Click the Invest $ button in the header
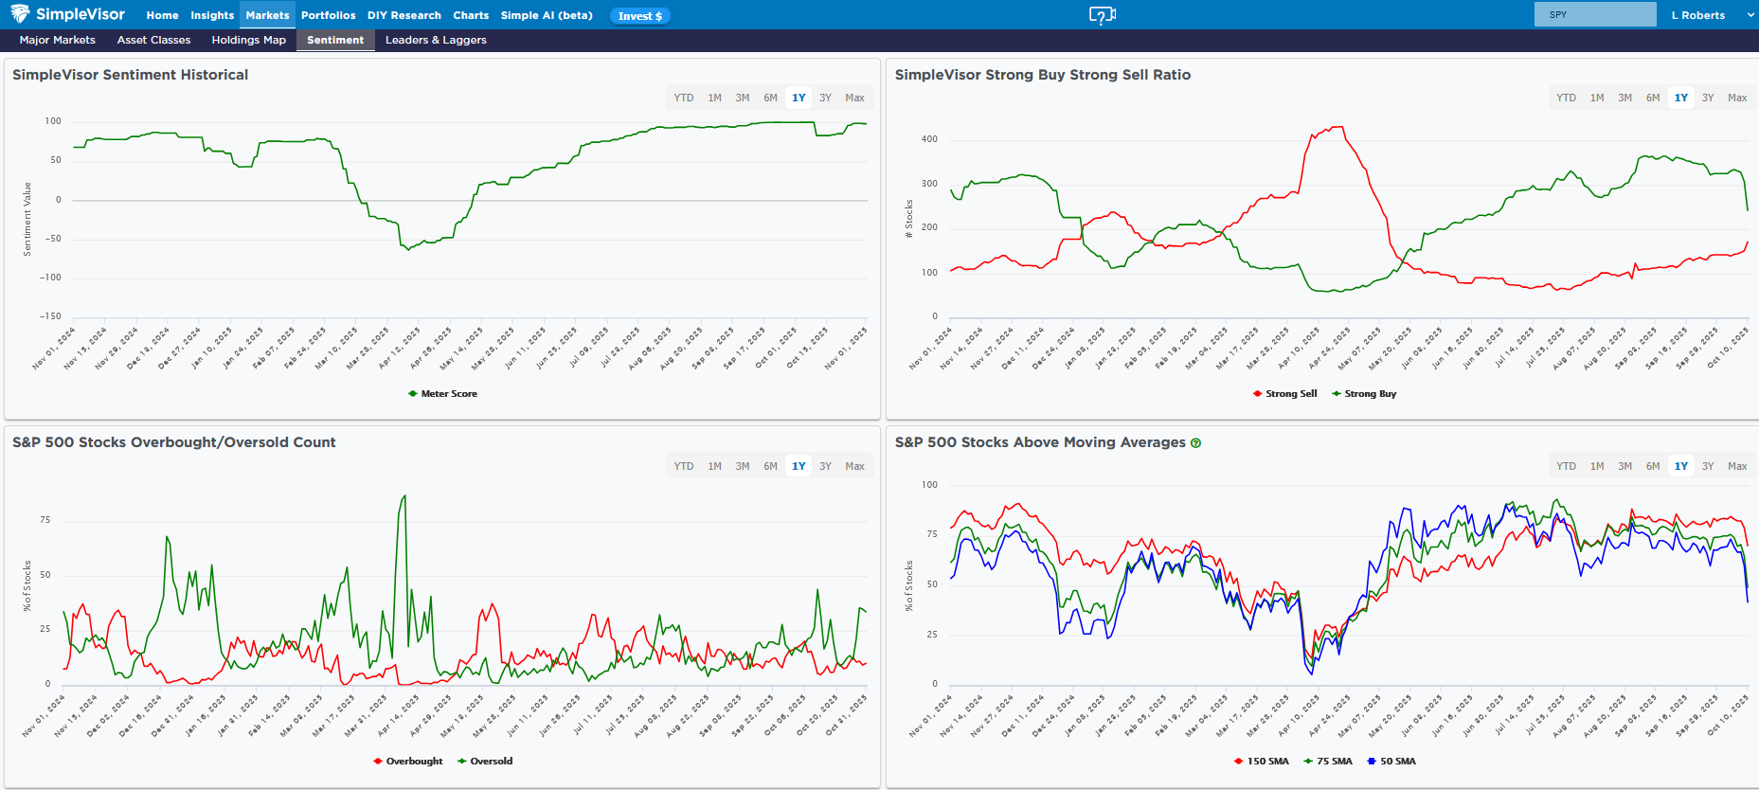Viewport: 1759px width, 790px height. [639, 16]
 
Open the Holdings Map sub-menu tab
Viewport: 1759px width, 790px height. [248, 40]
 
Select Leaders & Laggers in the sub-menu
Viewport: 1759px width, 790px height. [436, 40]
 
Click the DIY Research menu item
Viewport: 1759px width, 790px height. [404, 15]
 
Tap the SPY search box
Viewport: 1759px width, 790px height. [1594, 14]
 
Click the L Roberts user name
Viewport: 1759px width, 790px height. [1697, 15]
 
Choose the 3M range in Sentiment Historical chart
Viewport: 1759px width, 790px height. [743, 98]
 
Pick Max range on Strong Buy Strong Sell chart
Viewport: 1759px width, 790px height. [1737, 98]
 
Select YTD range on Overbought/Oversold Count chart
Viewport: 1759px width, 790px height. [684, 466]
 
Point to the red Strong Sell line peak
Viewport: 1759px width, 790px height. [1337, 128]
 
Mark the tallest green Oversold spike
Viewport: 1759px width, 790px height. [404, 496]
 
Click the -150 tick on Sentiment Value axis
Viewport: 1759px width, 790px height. [50, 316]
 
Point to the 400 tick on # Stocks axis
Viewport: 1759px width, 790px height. [929, 139]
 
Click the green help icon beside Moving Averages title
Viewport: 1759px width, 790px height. [1195, 443]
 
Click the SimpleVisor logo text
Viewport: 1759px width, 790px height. [80, 14]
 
